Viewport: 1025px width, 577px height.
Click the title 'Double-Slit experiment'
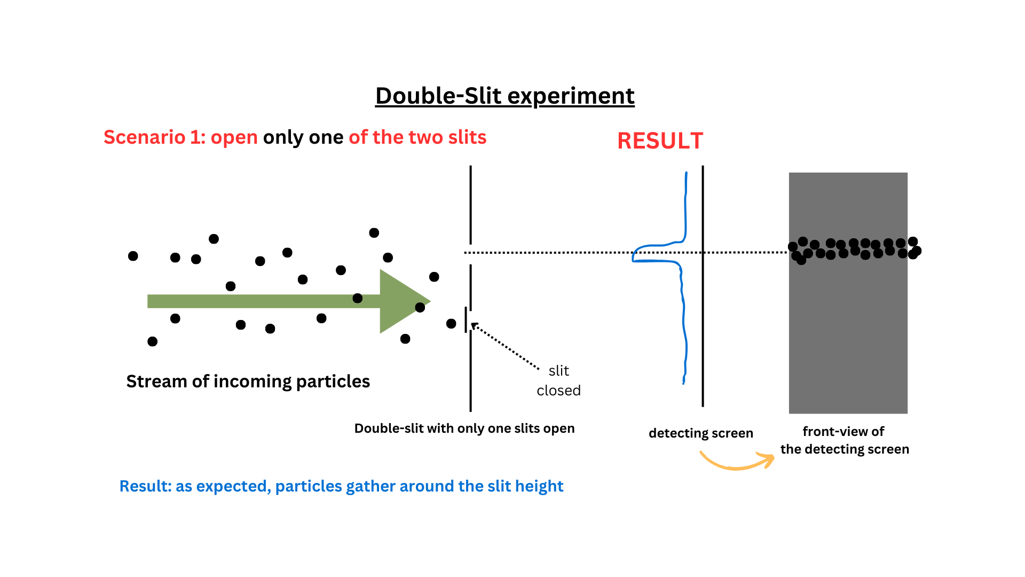[x=504, y=96]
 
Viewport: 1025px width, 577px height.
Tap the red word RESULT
[x=660, y=141]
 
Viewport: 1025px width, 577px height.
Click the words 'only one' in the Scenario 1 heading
[x=303, y=137]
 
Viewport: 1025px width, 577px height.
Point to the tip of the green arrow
[x=429, y=301]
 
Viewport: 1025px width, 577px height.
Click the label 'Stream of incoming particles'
[x=248, y=381]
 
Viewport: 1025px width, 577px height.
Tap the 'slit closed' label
[x=558, y=380]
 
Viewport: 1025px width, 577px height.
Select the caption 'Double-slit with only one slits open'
[x=464, y=428]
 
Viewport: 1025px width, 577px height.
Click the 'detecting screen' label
[x=700, y=433]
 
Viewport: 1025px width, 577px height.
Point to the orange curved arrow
[x=737, y=463]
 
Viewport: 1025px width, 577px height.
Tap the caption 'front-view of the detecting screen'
[x=844, y=440]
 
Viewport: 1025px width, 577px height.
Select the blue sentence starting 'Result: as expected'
[x=341, y=486]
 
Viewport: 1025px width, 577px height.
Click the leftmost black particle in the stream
[x=133, y=256]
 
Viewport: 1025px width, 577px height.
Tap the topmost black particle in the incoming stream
[x=374, y=232]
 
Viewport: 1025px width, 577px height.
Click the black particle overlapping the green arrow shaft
[x=358, y=298]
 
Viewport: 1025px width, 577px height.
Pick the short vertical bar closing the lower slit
[x=466, y=319]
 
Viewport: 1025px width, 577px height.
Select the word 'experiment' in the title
[x=571, y=96]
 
